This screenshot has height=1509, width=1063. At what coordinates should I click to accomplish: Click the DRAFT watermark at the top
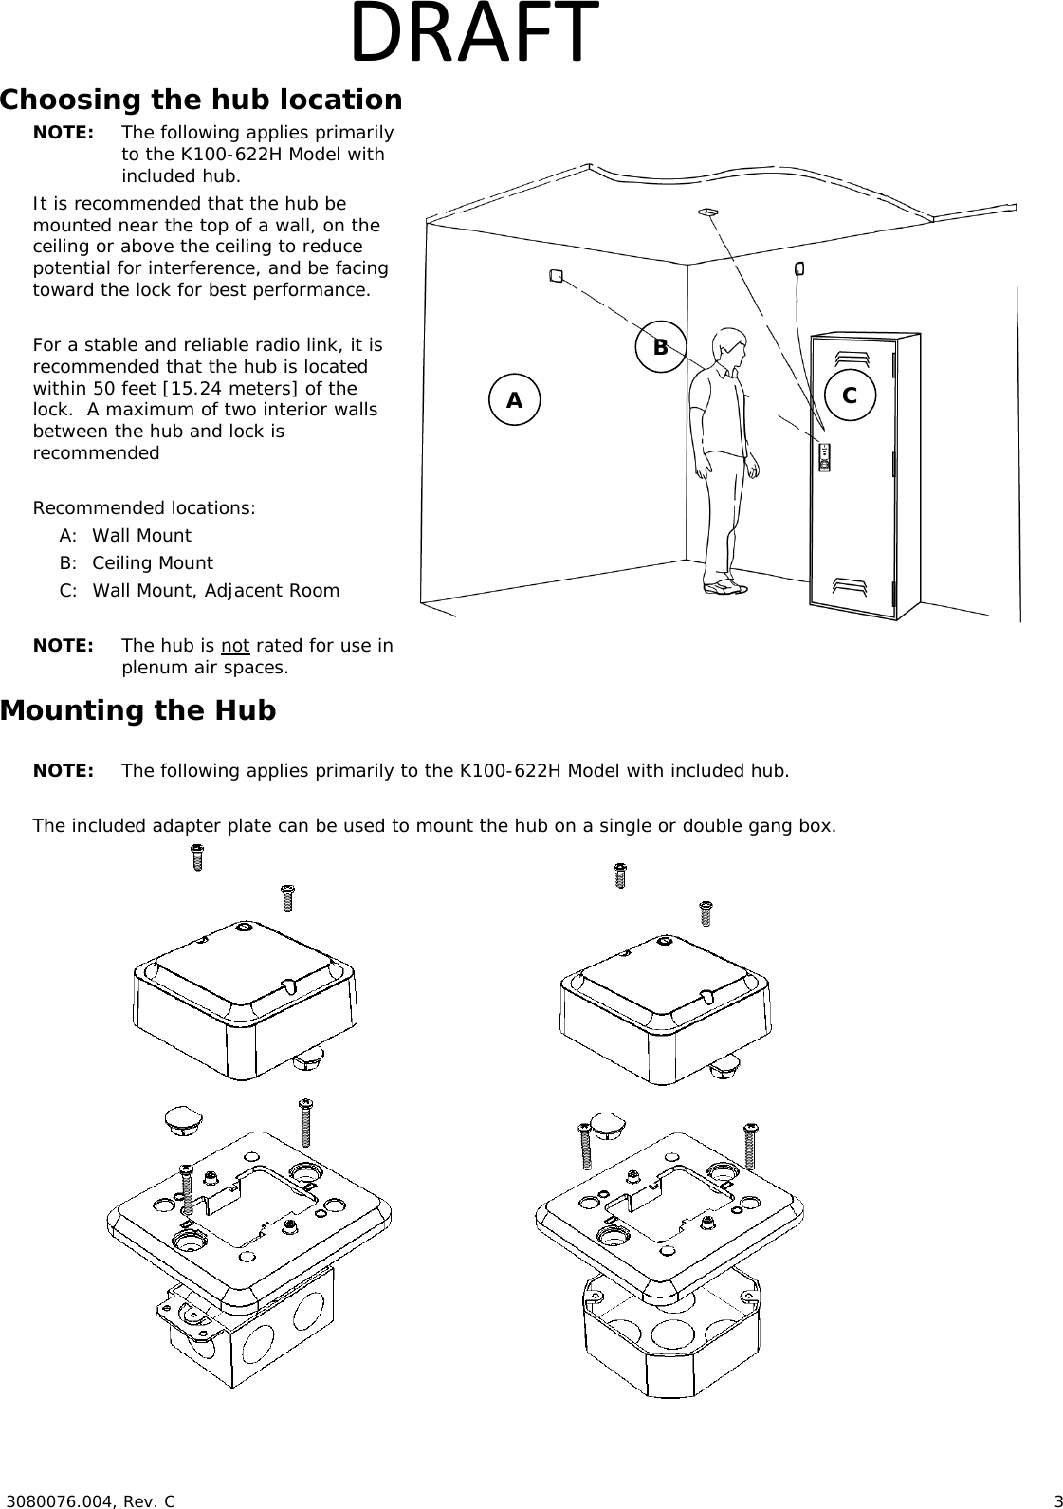tap(474, 34)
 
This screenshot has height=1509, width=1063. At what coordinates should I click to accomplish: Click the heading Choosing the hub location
tap(201, 100)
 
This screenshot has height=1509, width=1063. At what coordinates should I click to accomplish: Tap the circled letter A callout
tap(514, 400)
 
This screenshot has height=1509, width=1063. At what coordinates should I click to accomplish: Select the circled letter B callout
tap(660, 347)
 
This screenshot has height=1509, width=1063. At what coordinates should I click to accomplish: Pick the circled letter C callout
tap(850, 396)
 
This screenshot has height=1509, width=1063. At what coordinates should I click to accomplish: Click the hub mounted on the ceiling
tap(706, 211)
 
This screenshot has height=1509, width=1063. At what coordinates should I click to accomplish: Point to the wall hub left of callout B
tap(556, 276)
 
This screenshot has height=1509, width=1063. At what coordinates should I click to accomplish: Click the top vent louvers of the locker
tap(851, 359)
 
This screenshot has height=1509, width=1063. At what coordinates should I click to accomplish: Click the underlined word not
tap(235, 646)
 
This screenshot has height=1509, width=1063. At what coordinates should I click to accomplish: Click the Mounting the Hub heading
tap(138, 710)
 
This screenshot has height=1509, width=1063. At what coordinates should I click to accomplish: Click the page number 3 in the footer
tap(1056, 1500)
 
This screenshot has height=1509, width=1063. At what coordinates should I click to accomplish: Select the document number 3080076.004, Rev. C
tap(91, 1500)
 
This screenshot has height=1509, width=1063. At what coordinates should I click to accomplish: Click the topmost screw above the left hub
tap(197, 856)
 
